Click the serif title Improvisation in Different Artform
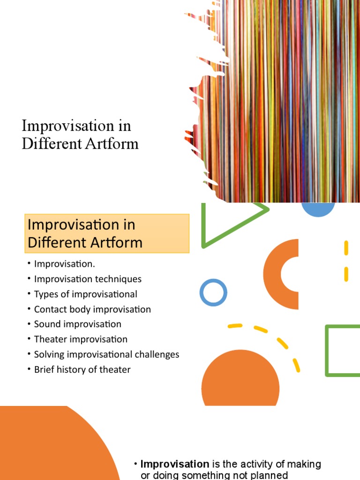click(x=80, y=135)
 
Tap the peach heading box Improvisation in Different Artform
click(x=107, y=233)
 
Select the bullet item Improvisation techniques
click(x=88, y=279)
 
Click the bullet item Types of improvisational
click(x=85, y=294)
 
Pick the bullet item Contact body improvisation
click(x=92, y=309)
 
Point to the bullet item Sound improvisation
click(x=77, y=324)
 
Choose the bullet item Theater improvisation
click(x=81, y=339)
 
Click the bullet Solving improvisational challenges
click(x=106, y=354)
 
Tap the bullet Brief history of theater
click(x=82, y=369)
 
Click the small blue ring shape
click(x=213, y=292)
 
